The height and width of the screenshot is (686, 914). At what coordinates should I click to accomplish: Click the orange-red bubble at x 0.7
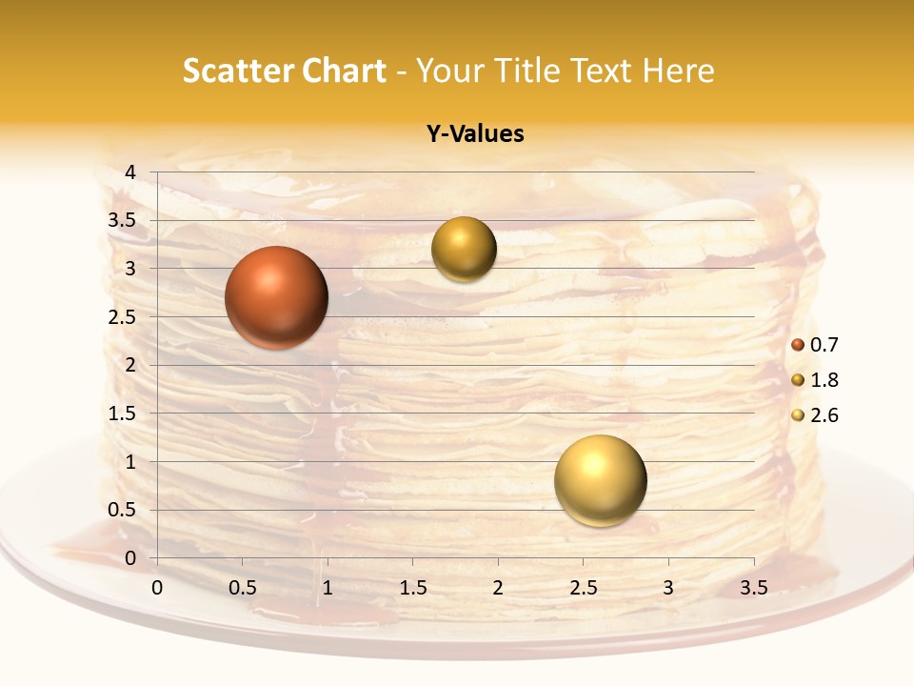tap(277, 297)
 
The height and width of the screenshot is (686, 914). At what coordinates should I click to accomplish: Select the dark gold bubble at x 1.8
tap(464, 250)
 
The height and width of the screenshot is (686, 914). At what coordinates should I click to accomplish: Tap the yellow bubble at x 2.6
tap(600, 480)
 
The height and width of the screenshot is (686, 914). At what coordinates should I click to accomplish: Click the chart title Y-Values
tap(474, 134)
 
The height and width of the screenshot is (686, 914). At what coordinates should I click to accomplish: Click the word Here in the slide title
tap(678, 71)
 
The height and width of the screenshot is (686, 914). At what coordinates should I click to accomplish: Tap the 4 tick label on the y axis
tap(130, 171)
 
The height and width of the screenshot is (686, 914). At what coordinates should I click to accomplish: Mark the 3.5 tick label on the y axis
tap(123, 220)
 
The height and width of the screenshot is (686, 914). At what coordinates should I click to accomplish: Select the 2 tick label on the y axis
tap(130, 365)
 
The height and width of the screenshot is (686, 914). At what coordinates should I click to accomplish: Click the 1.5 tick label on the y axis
tap(123, 414)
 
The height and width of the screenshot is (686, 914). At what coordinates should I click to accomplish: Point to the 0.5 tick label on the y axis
tap(123, 510)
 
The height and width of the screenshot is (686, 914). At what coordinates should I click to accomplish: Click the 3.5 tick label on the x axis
tap(753, 588)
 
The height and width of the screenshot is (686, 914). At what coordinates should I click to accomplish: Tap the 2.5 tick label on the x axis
tap(583, 588)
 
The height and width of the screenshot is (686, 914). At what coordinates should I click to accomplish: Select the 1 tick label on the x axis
tap(328, 588)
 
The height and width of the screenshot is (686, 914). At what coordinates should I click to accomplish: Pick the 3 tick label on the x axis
tap(668, 588)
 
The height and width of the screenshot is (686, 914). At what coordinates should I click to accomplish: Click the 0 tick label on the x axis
tap(157, 588)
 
